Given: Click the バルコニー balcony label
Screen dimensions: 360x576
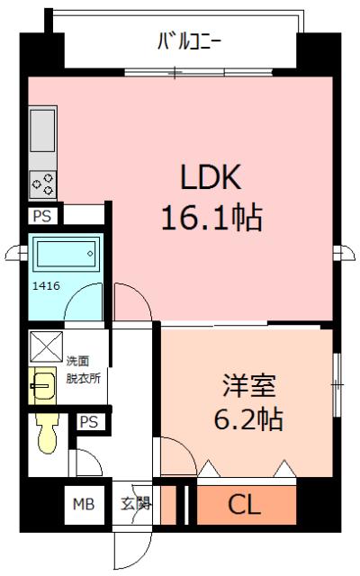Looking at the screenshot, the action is tap(190, 41).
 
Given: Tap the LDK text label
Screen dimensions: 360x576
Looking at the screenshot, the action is tap(211, 176).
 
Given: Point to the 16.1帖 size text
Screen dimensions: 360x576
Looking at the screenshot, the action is tap(212, 218).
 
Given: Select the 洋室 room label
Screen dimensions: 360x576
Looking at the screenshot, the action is tap(248, 386).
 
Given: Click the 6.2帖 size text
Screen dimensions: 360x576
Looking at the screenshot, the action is tap(248, 418).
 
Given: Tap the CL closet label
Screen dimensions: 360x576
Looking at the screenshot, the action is tap(244, 505).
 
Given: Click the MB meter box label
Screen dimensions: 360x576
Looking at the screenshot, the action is tap(84, 504).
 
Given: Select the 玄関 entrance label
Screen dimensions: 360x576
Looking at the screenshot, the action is tap(136, 503).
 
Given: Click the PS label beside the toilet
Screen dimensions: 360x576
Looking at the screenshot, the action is tap(88, 422).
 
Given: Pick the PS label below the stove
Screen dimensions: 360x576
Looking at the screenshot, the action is tap(42, 216).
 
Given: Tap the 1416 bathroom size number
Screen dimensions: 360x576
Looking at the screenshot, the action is tap(46, 285).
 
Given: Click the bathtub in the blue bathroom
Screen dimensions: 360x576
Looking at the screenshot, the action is tap(67, 254).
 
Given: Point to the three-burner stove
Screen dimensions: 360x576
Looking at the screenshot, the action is tap(42, 184).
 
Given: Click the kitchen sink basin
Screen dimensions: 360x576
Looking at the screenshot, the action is tap(42, 130).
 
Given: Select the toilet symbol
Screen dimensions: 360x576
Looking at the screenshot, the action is tap(48, 434).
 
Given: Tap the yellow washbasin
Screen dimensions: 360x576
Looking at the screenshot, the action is tap(42, 386).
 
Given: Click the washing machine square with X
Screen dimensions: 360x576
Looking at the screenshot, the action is tap(46, 346).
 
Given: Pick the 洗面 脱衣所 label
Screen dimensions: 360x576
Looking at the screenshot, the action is tap(83, 370).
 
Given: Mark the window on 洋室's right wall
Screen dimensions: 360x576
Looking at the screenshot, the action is tap(337, 384).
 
